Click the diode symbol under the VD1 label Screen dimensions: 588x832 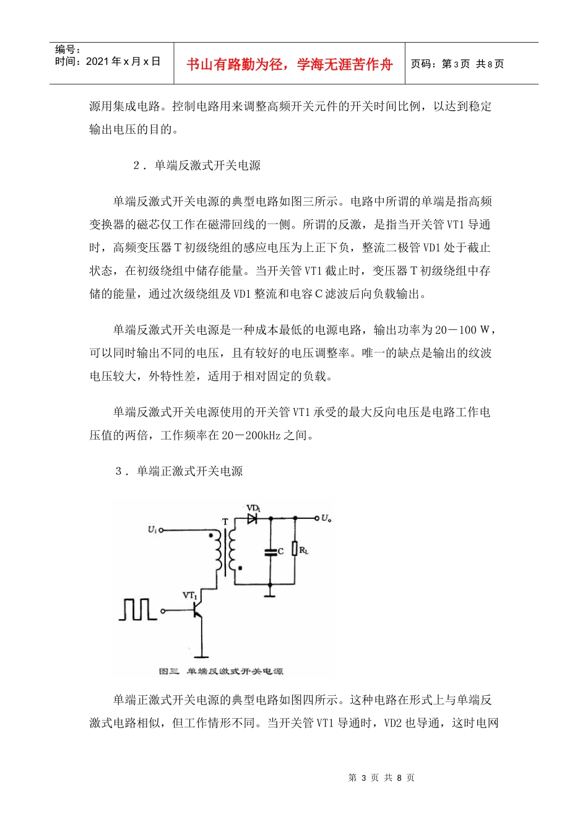(x=252, y=519)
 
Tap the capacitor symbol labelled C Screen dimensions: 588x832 (x=270, y=552)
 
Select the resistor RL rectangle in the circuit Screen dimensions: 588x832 (x=295, y=549)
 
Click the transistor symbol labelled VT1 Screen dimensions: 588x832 (x=196, y=610)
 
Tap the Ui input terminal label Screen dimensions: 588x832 (x=152, y=529)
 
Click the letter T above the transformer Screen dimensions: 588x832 (x=225, y=522)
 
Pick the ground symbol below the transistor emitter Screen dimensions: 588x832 (x=201, y=654)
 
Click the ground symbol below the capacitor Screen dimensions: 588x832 (x=270, y=595)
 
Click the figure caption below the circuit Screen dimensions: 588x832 (x=221, y=671)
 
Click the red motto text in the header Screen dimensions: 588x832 (x=290, y=64)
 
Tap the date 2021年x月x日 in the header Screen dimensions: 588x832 (x=123, y=61)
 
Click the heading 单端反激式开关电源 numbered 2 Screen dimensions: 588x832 (x=207, y=165)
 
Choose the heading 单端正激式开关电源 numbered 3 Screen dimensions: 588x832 (x=189, y=471)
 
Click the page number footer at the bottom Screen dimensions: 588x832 (x=381, y=778)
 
